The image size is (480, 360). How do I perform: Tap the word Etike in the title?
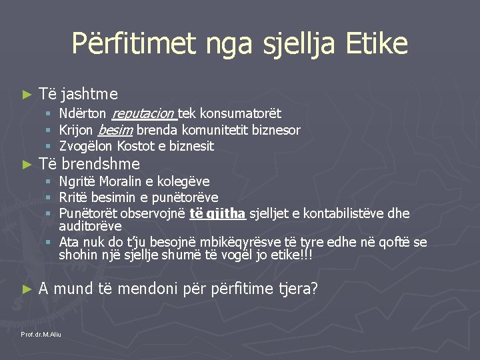tap(377, 44)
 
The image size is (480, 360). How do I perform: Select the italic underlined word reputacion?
tap(143, 114)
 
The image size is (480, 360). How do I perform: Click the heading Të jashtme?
tap(78, 94)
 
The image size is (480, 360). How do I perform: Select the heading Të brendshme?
tap(89, 164)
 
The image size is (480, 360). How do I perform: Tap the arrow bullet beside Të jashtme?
tap(27, 95)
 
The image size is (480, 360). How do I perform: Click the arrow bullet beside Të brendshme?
tap(27, 165)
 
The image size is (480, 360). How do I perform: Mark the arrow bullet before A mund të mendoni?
tap(27, 289)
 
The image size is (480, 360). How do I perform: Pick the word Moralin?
tap(118, 181)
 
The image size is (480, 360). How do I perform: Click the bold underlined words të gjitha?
tap(217, 213)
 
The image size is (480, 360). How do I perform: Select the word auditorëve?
tap(90, 226)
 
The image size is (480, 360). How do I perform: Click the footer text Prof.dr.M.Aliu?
tap(41, 334)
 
